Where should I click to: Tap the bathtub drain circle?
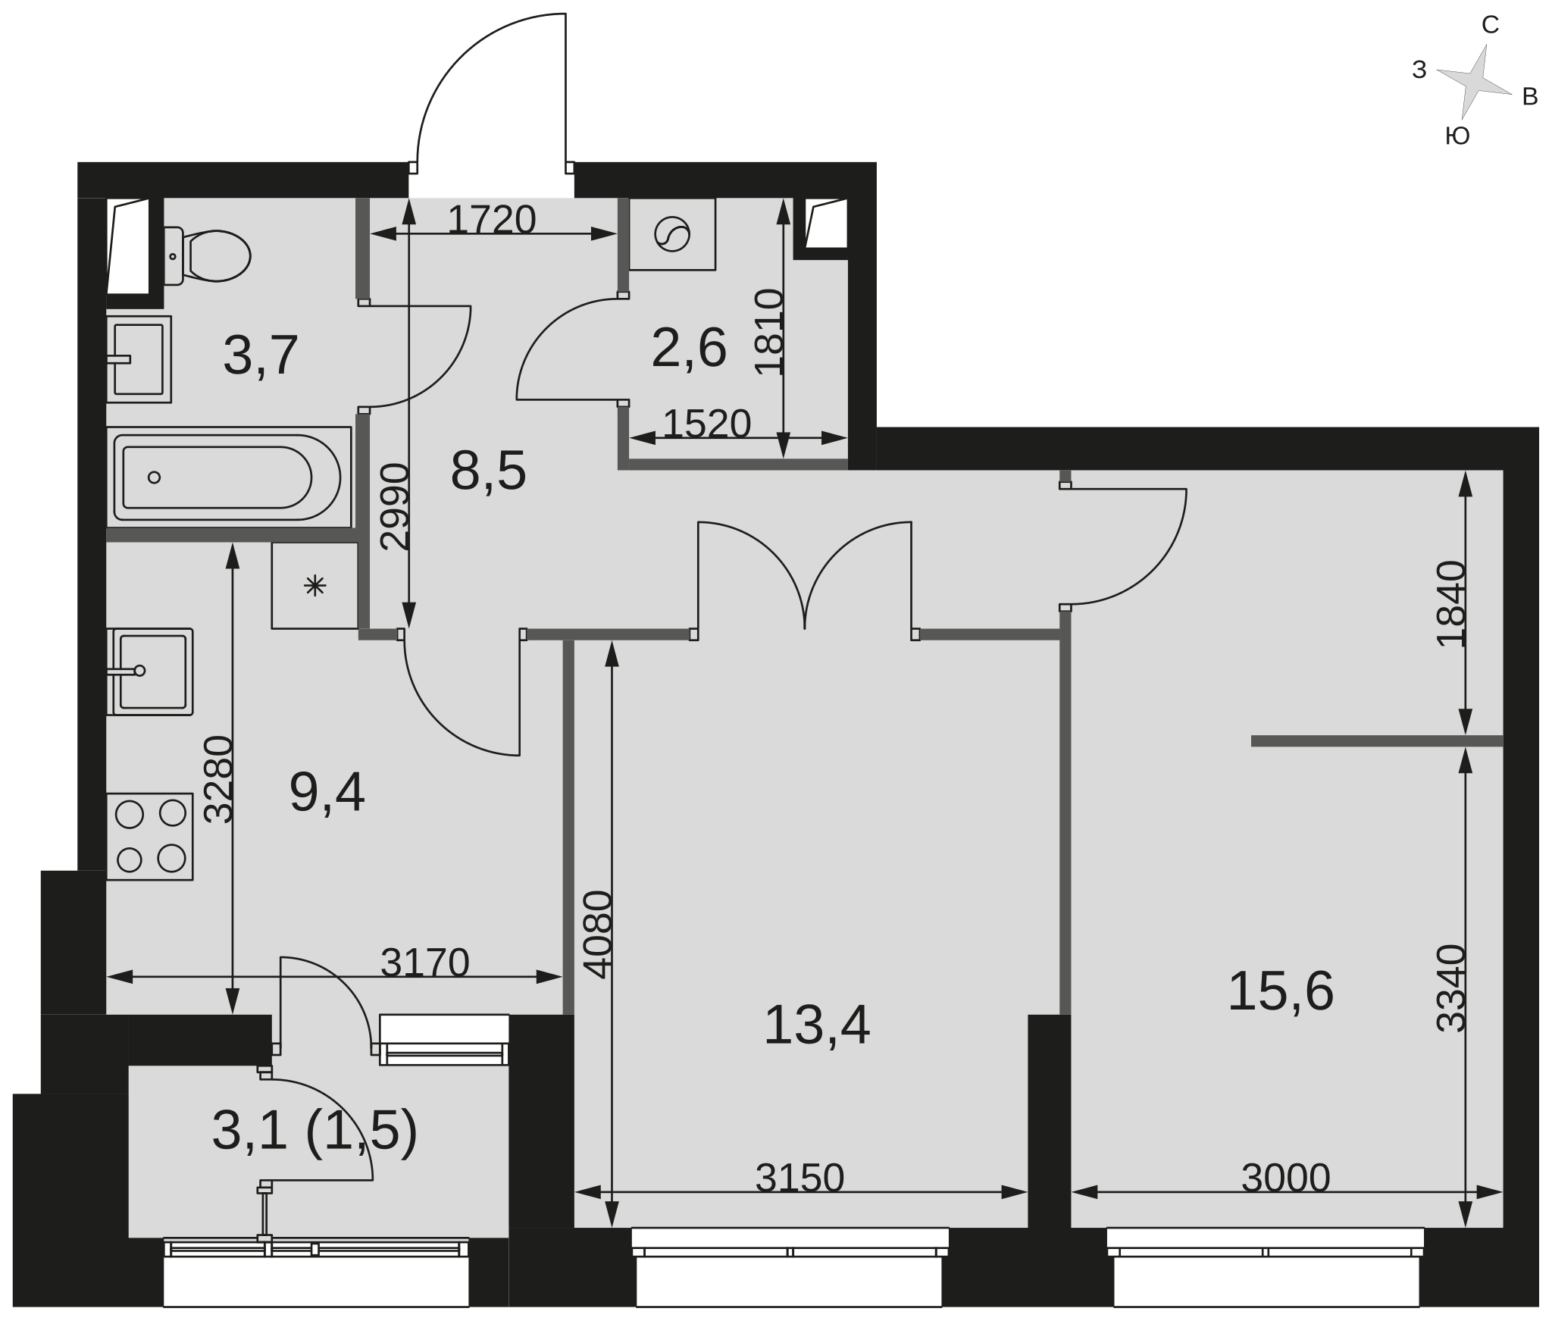pos(154,477)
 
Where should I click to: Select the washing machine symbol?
pos(672,234)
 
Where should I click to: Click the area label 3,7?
pos(261,355)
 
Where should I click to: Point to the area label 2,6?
pos(689,349)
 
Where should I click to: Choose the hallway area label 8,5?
pos(488,471)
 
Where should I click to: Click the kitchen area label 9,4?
pos(327,793)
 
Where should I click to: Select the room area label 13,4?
pos(816,1025)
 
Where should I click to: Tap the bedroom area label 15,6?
pos(1281,991)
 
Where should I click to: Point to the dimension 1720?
pos(492,220)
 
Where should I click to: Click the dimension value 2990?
pos(395,506)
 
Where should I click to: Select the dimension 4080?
pos(598,934)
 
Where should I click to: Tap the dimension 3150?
pos(799,1178)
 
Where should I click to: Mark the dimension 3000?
pos(1286,1178)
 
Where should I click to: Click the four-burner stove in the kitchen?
pos(150,837)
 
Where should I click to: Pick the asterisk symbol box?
pos(314,585)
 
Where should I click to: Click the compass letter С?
pos(1490,26)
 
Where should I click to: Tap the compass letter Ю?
pos(1457,136)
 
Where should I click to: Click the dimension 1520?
pos(706,424)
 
